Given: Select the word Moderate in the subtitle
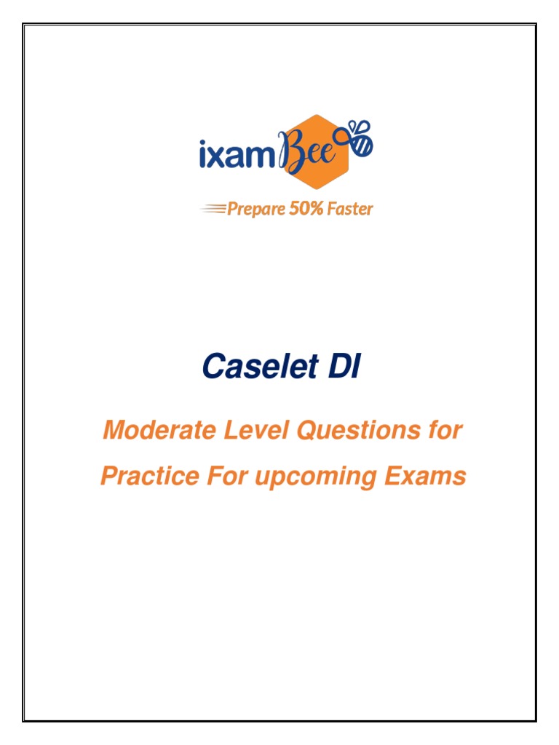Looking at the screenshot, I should [150, 431].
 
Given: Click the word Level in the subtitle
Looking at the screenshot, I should [234, 431].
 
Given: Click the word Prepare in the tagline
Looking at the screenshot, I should [255, 210].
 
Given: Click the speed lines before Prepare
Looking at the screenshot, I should [213, 209].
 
